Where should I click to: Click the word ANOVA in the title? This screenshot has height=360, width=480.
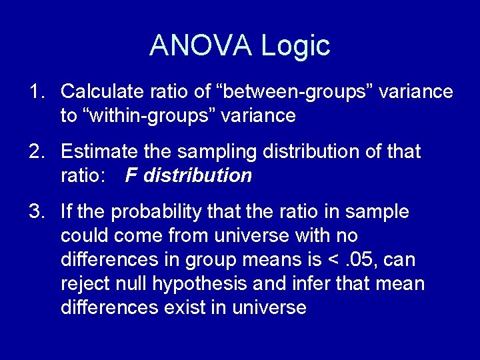pos(201,46)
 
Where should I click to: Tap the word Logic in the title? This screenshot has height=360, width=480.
pos(295,46)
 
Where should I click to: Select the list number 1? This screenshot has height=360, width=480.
pos(35,91)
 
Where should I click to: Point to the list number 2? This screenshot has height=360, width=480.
pos(35,152)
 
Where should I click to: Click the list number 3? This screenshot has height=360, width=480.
pos(35,212)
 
